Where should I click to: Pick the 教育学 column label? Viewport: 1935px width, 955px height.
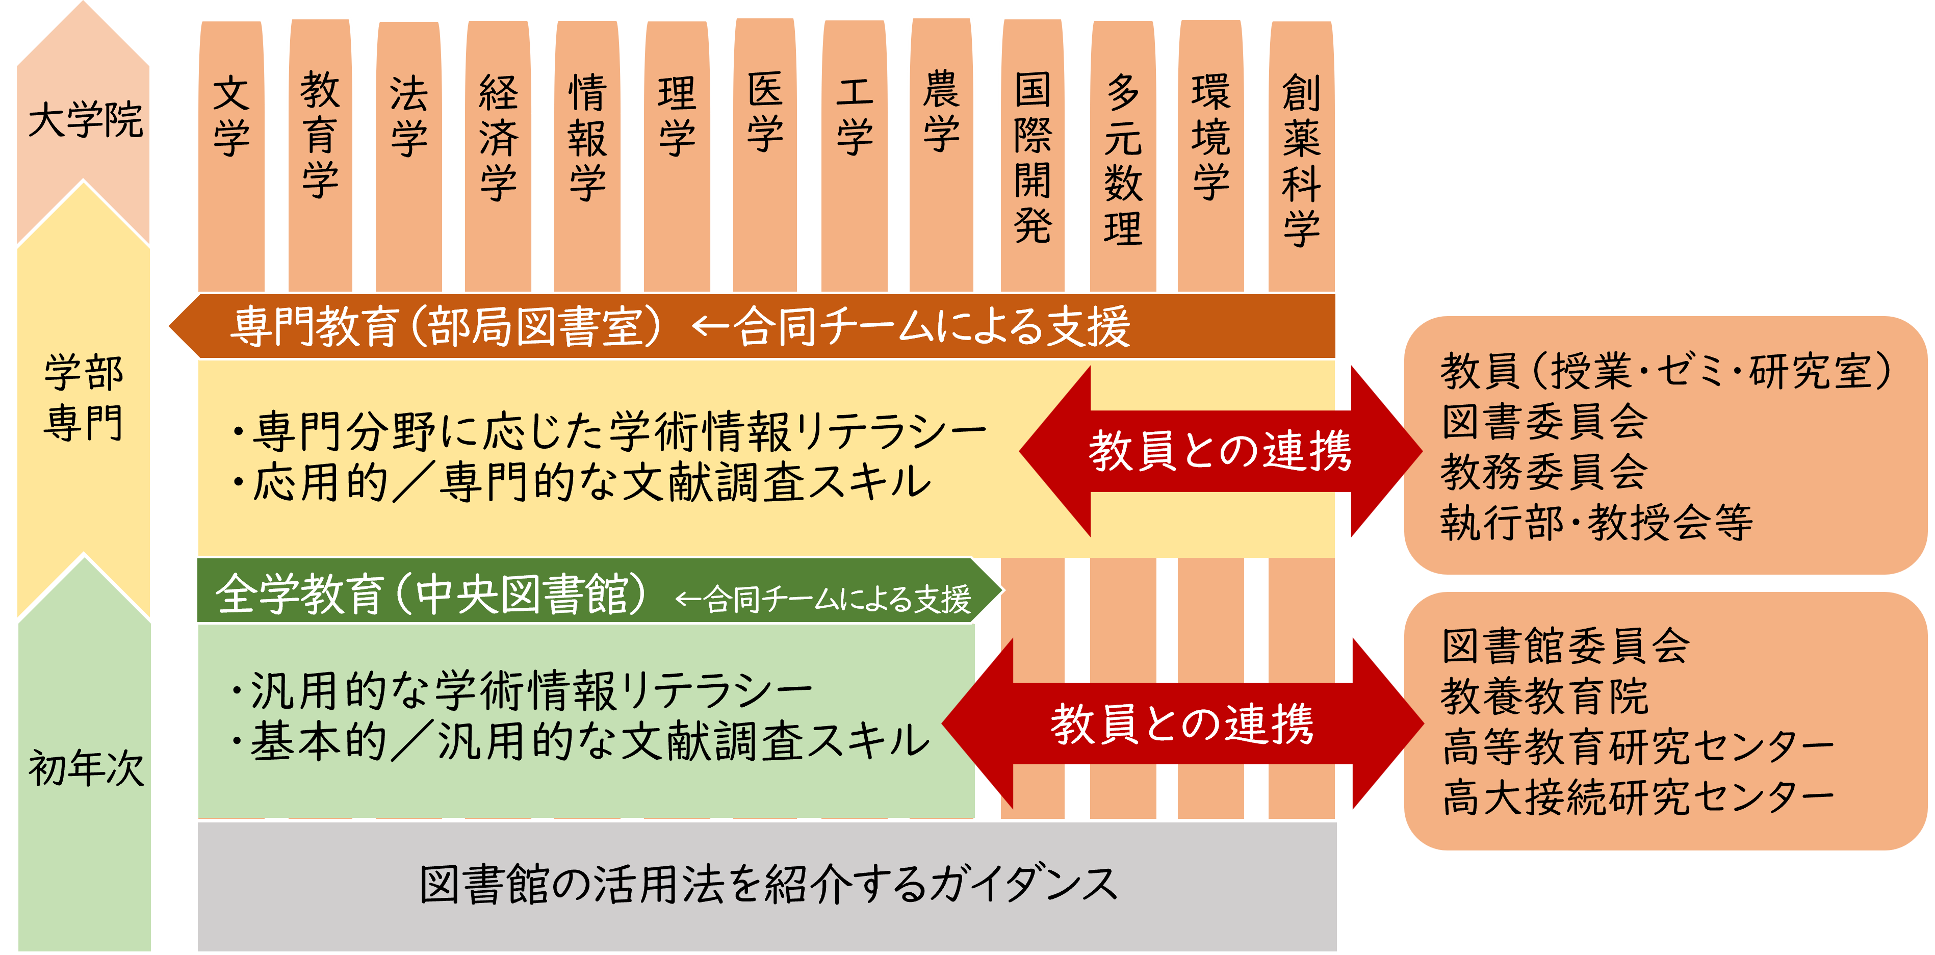coord(320,135)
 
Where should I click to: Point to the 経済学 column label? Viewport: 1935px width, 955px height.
coord(498,138)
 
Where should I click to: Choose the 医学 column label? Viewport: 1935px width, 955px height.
coord(765,112)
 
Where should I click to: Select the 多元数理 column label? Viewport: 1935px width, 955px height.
coord(1122,159)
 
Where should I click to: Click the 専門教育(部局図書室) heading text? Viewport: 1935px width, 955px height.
coord(447,327)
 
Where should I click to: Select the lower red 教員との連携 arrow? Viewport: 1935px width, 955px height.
coord(1182,724)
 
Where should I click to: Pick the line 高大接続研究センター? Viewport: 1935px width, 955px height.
coord(1638,796)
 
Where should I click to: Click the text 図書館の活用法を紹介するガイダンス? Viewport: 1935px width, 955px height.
coord(768,884)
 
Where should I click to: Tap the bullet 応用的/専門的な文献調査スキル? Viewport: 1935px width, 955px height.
coord(582,482)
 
